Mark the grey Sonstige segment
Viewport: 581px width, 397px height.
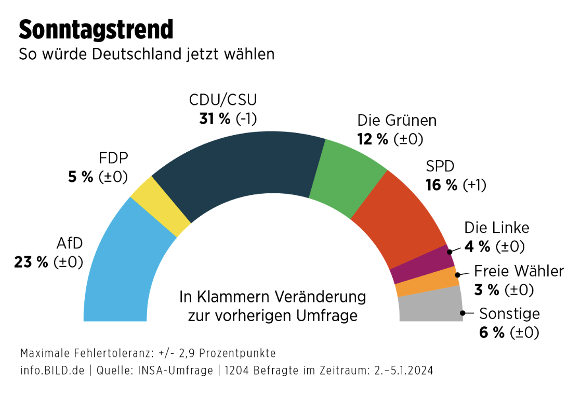(x=431, y=307)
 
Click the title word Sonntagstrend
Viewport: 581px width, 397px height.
(x=96, y=30)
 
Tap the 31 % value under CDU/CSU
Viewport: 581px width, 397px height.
(x=215, y=119)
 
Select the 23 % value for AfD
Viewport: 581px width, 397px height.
(x=31, y=262)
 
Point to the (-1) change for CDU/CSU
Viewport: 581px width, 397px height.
(x=247, y=119)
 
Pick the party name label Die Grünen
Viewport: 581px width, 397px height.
(x=397, y=121)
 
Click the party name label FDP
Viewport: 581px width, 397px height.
(x=113, y=158)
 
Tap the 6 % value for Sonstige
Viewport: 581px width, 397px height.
(x=492, y=333)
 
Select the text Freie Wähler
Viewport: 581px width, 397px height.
(x=518, y=271)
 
